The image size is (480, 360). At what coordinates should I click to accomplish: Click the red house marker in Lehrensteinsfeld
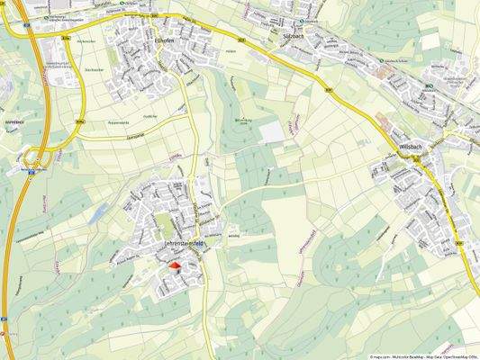[175, 266]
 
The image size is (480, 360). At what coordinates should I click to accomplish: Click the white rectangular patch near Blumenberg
[271, 131]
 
